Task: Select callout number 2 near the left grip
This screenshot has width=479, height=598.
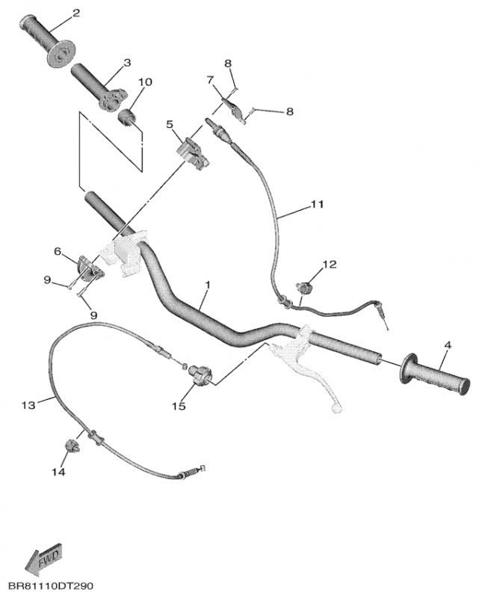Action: pyautogui.click(x=75, y=13)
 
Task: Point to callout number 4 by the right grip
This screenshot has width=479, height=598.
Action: pyautogui.click(x=448, y=345)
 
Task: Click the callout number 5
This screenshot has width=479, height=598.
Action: pyautogui.click(x=170, y=124)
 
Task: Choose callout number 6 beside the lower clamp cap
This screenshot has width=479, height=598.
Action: pyautogui.click(x=57, y=252)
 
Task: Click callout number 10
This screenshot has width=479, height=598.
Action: pyautogui.click(x=144, y=81)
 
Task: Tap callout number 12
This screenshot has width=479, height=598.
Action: pyautogui.click(x=330, y=265)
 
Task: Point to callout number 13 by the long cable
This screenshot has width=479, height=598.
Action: pyautogui.click(x=28, y=405)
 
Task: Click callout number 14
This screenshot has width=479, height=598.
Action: pyautogui.click(x=58, y=472)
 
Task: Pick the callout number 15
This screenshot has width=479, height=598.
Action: pyautogui.click(x=179, y=406)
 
